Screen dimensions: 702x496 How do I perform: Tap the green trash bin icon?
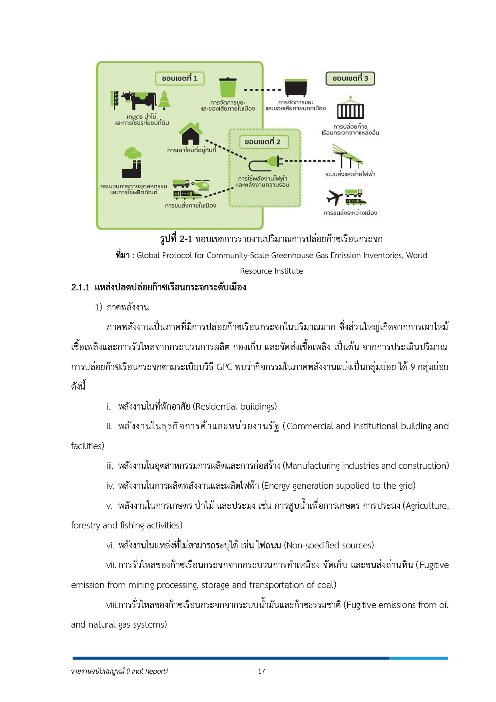(x=228, y=87)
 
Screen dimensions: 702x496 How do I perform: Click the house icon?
(x=190, y=134)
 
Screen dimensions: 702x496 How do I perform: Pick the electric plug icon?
(x=266, y=162)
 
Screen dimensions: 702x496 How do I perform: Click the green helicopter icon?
(x=201, y=184)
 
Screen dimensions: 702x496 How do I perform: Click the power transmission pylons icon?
(x=348, y=157)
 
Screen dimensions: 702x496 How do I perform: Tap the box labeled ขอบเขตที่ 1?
(x=180, y=78)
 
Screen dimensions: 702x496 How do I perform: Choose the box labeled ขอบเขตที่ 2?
(x=263, y=142)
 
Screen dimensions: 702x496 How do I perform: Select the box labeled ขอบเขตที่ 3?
(x=351, y=78)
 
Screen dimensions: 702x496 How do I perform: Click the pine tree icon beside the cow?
(x=164, y=99)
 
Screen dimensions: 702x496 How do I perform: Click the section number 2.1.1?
(x=80, y=287)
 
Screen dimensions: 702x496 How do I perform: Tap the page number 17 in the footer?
(x=261, y=671)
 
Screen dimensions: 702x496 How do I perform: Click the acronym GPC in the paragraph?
(x=224, y=367)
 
